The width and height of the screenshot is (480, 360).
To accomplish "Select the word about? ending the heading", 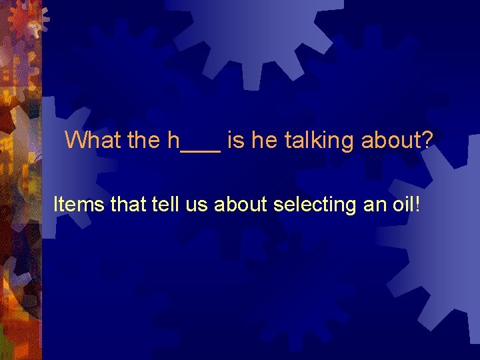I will pos(397,140).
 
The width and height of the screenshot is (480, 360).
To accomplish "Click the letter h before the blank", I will pos(174,140).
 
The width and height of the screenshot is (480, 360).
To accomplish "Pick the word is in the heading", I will pos(234,140).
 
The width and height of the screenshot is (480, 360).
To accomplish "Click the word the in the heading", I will pos(142,140).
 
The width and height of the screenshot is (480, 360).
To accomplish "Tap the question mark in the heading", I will pos(427,140).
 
